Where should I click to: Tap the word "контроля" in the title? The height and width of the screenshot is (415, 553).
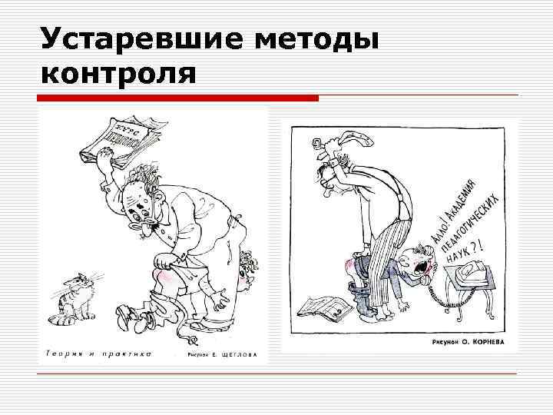click(120, 74)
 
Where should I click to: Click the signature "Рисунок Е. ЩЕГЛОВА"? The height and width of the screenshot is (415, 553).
click(222, 356)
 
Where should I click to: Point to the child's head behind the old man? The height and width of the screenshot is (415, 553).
click(247, 269)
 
